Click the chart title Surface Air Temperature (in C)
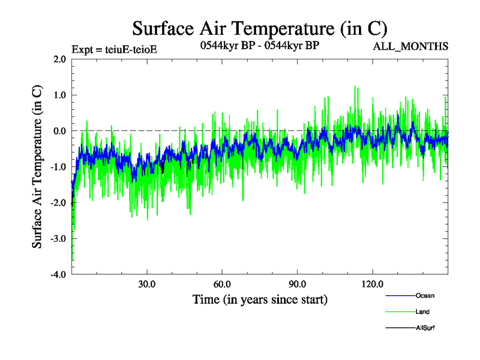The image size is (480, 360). click(259, 28)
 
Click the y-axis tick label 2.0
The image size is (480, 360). click(59, 59)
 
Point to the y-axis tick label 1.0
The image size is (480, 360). click(59, 95)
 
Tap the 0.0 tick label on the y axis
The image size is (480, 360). click(59, 131)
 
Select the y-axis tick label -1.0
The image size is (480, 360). click(58, 167)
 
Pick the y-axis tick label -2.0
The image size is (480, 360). click(58, 203)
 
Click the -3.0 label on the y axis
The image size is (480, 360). click(58, 239)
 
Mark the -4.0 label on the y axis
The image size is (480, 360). click(58, 275)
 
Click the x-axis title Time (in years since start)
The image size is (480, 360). click(260, 299)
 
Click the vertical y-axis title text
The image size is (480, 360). click(37, 167)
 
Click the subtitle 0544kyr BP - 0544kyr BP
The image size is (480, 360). click(258, 44)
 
